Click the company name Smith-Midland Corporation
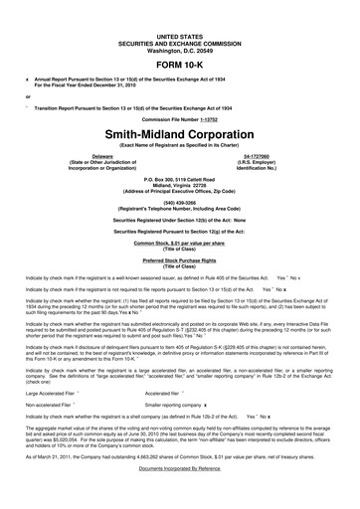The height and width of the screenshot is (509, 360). click(x=179, y=129)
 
